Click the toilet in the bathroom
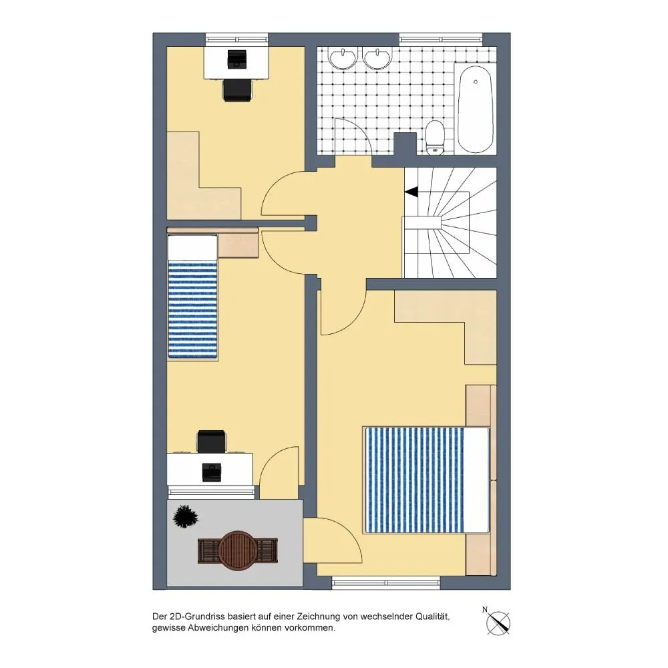pos(435,137)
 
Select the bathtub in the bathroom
pos(476,109)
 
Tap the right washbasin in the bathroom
pos(377,58)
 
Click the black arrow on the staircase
pos(411,192)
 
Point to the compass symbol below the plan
pos(498,623)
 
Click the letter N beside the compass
pos(485,610)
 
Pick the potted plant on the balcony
pos(186,516)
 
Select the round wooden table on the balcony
pos(237,550)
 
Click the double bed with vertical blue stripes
pos(426,480)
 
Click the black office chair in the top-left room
pos(237,90)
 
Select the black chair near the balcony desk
pos(211,442)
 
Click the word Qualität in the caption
pos(432,617)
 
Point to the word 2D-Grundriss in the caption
pos(196,617)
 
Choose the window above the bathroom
pos(441,39)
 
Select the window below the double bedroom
pos(386,582)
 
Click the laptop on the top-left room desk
pos(237,59)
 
